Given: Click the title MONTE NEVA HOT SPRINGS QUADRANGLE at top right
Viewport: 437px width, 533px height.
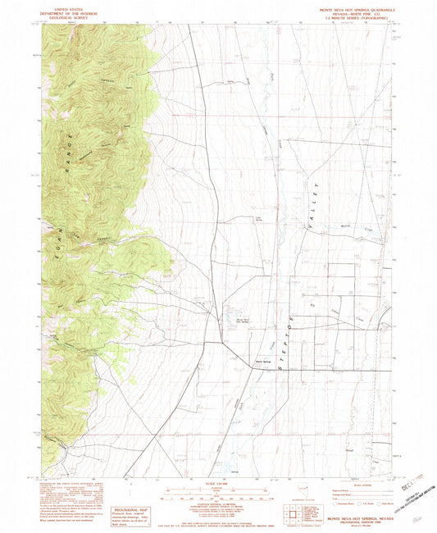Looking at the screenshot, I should (357, 9).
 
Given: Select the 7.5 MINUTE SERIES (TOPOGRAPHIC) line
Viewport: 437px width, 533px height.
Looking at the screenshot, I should (357, 20).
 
